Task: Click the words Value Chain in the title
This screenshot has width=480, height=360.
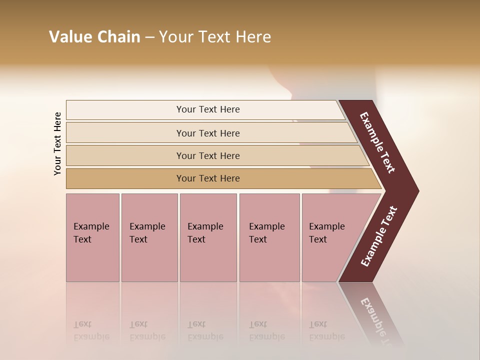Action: click(x=94, y=37)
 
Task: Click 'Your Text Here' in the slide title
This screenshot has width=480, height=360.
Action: click(x=214, y=37)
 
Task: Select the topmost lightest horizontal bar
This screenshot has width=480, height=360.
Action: click(x=125, y=110)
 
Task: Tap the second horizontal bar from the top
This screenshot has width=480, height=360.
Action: click(x=125, y=133)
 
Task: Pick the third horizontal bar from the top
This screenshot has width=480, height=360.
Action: click(x=125, y=156)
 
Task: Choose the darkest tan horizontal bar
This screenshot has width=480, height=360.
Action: click(x=125, y=178)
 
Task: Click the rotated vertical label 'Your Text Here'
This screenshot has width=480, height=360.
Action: click(x=57, y=143)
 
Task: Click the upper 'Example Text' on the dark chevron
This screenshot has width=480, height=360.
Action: click(x=377, y=142)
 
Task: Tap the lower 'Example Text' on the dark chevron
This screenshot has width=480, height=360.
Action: click(x=378, y=236)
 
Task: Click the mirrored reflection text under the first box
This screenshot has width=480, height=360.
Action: click(x=91, y=330)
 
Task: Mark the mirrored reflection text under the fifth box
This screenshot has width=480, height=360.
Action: click(x=326, y=330)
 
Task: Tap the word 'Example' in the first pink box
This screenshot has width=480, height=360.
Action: click(x=91, y=226)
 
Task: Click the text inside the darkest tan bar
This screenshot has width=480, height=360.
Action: click(x=208, y=178)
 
